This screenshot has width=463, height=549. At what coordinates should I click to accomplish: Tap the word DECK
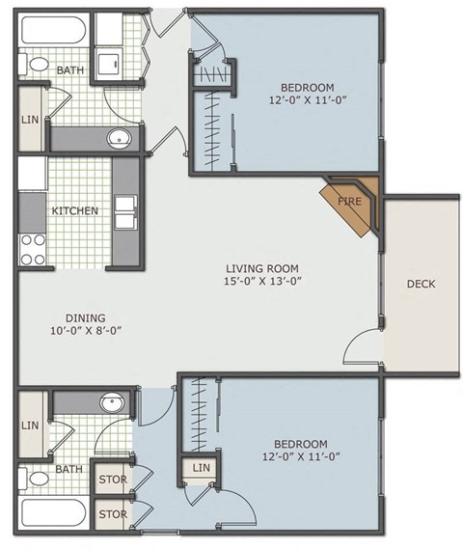[422, 284]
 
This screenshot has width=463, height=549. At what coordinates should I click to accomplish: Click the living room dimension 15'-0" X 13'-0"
[262, 283]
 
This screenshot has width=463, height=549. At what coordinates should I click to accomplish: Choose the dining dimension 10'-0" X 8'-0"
[86, 331]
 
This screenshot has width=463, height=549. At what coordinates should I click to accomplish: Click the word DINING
[86, 317]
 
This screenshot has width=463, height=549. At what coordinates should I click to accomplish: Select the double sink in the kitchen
[126, 212]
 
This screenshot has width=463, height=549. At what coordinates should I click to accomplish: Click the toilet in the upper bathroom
[36, 65]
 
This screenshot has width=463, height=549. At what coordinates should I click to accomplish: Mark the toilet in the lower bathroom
[37, 477]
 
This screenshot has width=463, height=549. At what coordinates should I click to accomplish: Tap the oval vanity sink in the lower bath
[114, 401]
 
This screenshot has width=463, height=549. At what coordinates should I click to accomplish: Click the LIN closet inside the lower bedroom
[200, 469]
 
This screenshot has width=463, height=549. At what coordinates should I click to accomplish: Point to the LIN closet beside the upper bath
[30, 120]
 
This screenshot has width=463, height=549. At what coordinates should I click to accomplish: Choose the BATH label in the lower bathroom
[68, 470]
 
